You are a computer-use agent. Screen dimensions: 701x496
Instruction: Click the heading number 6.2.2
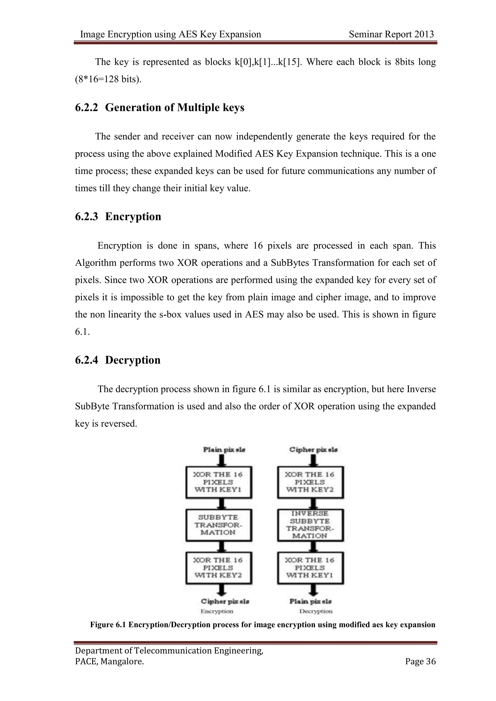pyautogui.click(x=86, y=107)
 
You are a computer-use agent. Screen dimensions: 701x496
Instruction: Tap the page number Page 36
pyautogui.click(x=420, y=661)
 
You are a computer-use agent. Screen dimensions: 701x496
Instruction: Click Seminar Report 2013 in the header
pyautogui.click(x=391, y=34)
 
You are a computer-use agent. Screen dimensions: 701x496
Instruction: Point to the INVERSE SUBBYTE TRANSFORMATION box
pyautogui.click(x=310, y=525)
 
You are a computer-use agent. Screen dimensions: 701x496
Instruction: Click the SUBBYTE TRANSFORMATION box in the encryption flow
pyautogui.click(x=219, y=525)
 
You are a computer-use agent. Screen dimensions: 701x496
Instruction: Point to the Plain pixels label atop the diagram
pyautogui.click(x=224, y=450)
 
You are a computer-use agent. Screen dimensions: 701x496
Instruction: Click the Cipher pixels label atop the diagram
pyautogui.click(x=313, y=450)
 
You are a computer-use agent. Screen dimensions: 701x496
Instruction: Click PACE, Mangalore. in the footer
pyautogui.click(x=109, y=661)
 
